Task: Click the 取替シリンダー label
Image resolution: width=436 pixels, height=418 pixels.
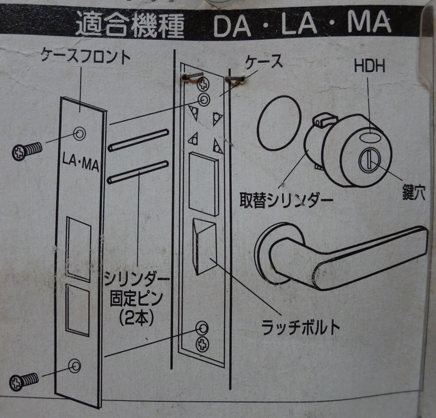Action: [286, 200]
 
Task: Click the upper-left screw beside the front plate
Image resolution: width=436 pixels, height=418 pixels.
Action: [27, 151]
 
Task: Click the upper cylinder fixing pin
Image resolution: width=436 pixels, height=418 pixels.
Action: [138, 139]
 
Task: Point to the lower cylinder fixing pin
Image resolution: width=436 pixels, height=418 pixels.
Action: [138, 171]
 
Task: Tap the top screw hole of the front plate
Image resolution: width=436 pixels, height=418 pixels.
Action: [79, 134]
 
